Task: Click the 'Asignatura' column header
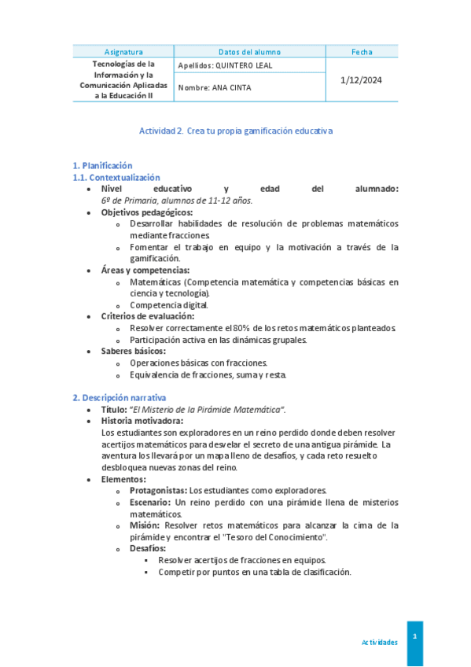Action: pos(123,52)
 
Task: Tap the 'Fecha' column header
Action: pos(362,52)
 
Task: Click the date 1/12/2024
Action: pos(362,79)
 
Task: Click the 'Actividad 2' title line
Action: pos(236,131)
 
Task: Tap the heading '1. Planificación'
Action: pos(102,166)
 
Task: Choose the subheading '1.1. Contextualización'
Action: pos(116,178)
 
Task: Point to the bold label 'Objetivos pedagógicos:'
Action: pos(147,212)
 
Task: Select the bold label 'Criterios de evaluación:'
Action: pos(148,316)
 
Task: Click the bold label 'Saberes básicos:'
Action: pos(133,351)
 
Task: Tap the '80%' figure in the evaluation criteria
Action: pos(242,328)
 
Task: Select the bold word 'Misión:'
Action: pos(145,525)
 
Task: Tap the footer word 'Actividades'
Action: pos(379,643)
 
